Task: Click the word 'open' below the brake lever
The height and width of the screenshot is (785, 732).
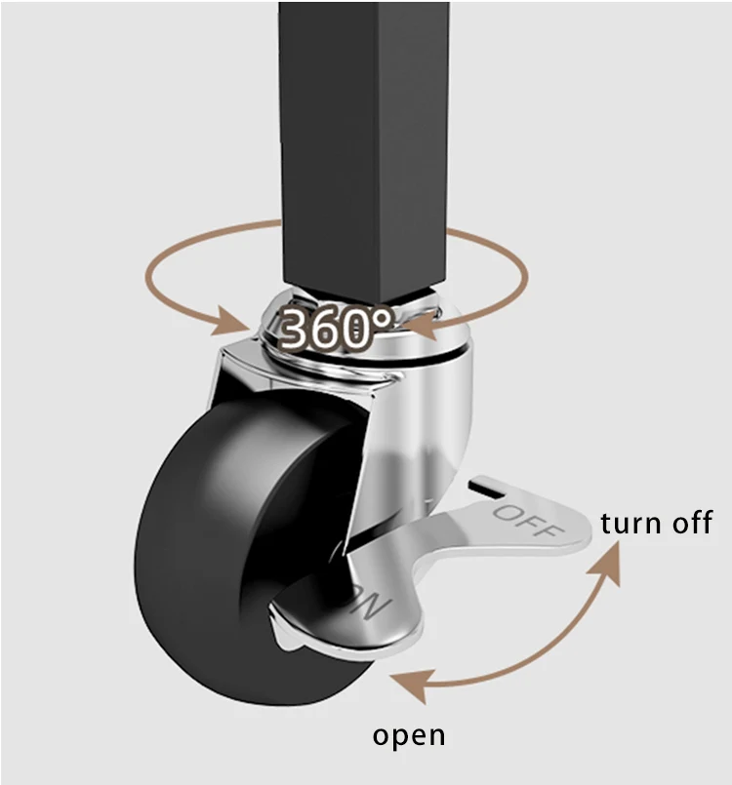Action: tap(409, 734)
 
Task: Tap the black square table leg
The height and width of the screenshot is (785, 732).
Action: tap(364, 137)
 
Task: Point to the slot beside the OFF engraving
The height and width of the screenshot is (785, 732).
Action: tap(485, 485)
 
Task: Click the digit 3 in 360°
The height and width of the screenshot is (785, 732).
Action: tap(297, 331)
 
